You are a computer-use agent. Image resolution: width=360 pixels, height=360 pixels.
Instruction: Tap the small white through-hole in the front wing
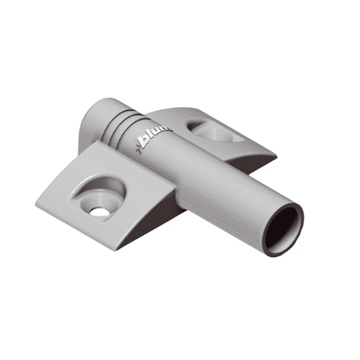(x=99, y=211)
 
